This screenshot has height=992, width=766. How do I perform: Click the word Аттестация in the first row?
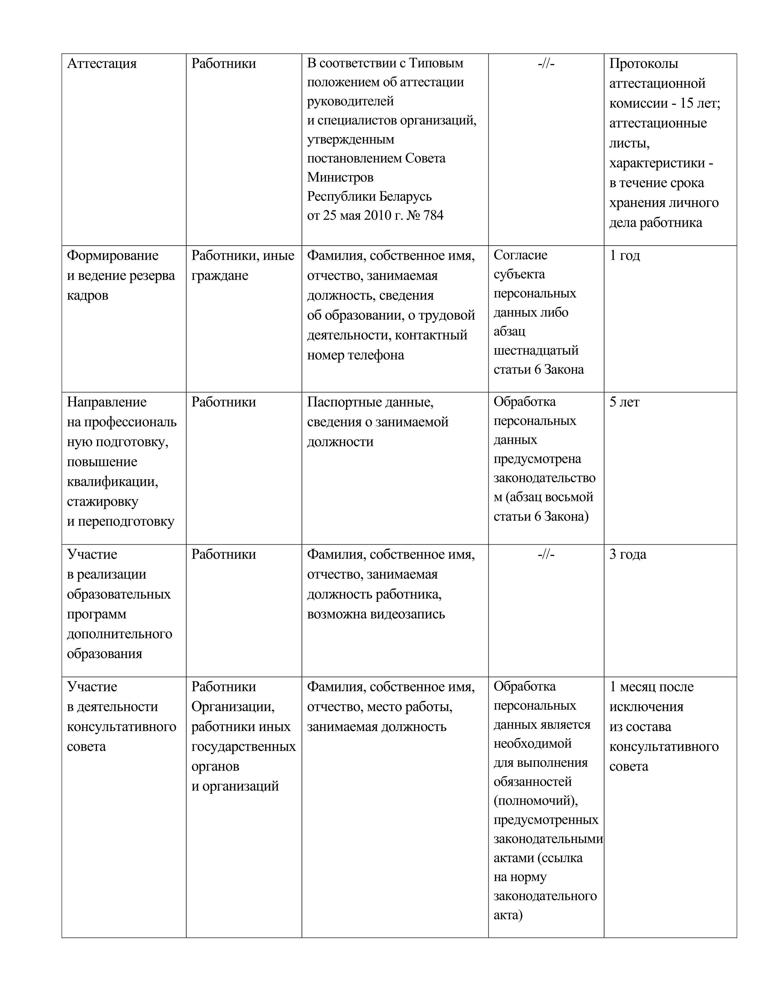(102, 64)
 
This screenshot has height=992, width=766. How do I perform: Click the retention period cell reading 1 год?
(625, 256)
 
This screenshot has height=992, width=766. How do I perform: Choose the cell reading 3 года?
(628, 555)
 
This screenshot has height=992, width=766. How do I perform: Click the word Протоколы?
(643, 64)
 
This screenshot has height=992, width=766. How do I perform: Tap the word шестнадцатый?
(536, 351)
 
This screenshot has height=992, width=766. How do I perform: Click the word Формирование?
(113, 256)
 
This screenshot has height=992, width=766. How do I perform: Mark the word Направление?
(107, 403)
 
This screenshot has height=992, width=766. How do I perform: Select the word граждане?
(220, 276)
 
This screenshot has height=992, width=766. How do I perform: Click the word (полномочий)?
(536, 800)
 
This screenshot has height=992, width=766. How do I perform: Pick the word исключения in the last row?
(646, 707)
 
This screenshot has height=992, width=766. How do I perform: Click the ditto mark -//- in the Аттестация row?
(546, 64)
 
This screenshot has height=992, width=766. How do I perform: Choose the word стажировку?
(102, 502)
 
